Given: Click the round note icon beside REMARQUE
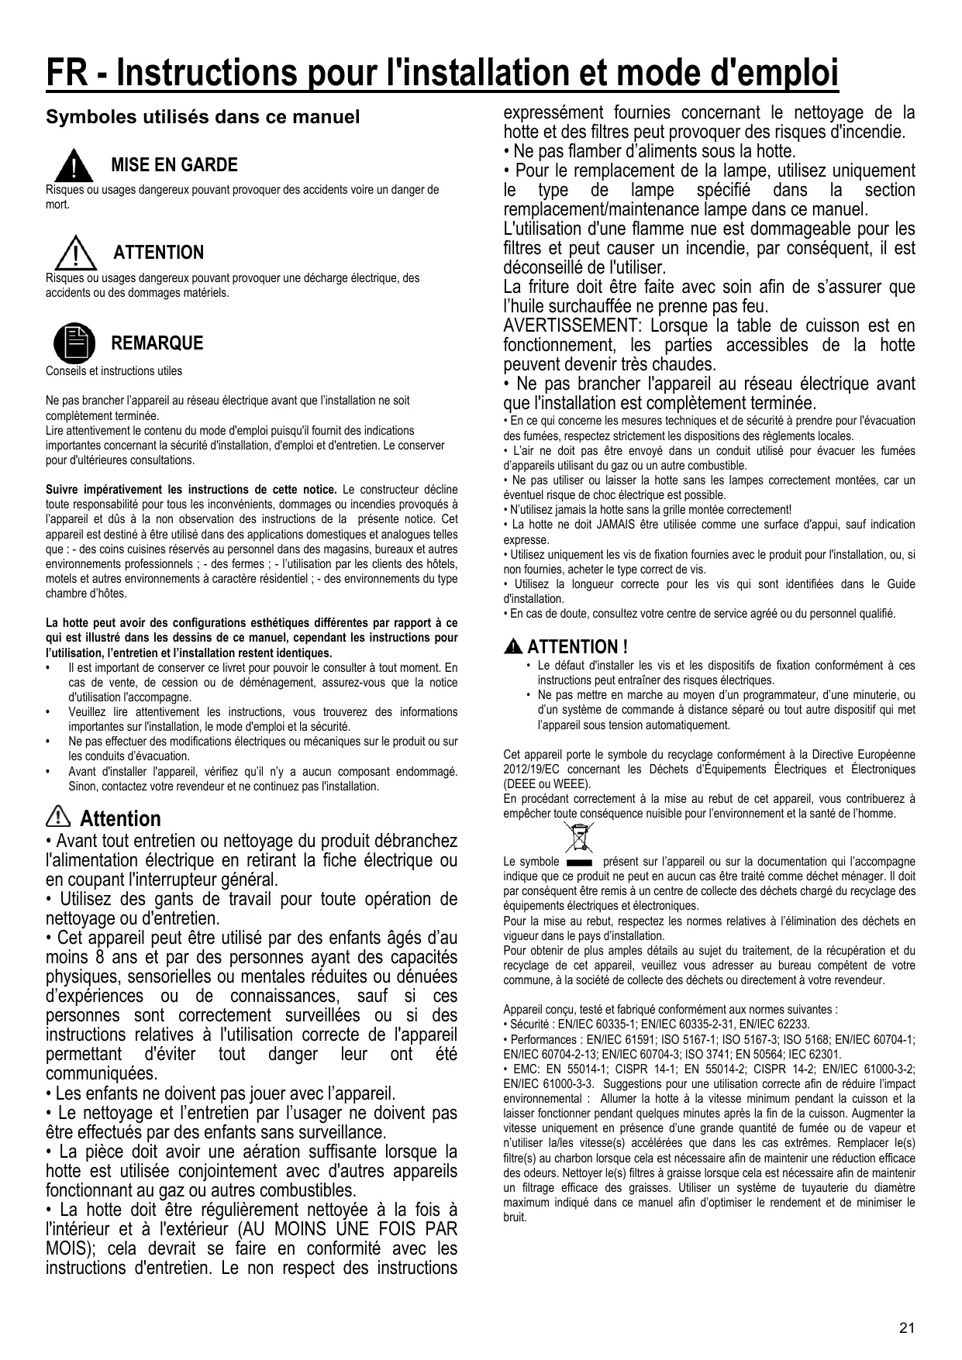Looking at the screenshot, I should [x=74, y=343].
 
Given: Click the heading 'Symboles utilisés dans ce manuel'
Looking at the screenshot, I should [x=203, y=118].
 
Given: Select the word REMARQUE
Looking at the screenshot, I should [x=157, y=343].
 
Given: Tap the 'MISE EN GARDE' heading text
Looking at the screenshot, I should [x=174, y=165].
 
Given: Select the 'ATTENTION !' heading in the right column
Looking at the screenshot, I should [x=578, y=646].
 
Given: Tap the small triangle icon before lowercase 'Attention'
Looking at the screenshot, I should [x=58, y=818].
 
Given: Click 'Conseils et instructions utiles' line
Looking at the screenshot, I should [x=114, y=371].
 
